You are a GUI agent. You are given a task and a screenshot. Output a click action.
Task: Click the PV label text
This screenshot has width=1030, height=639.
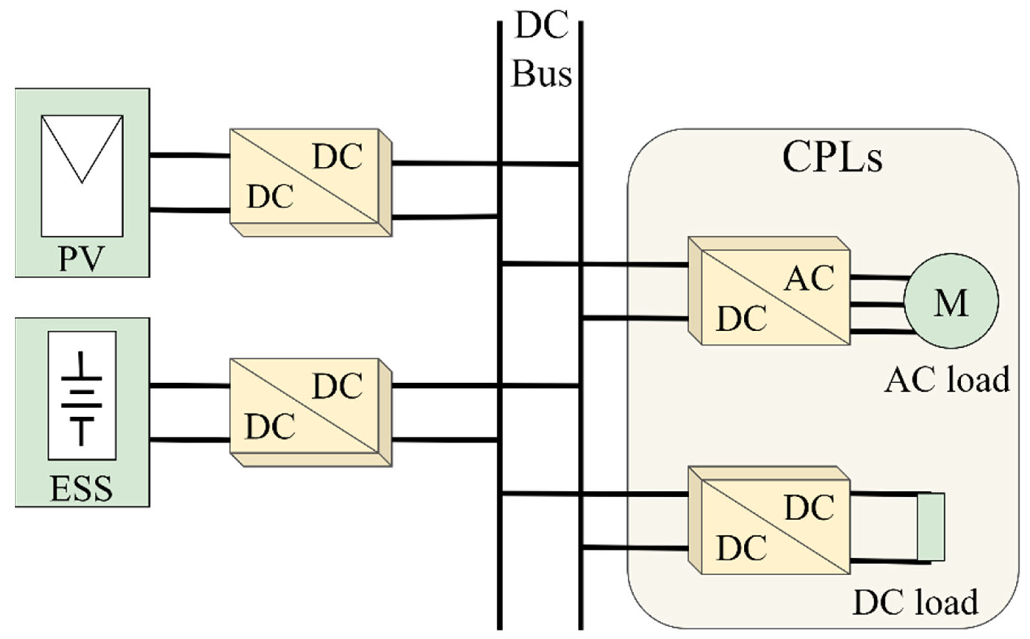pos(81,259)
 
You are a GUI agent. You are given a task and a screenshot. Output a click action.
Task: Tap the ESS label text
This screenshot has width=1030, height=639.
pos(81,489)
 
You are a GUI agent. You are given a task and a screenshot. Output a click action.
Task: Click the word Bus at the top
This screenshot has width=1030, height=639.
pos(542,75)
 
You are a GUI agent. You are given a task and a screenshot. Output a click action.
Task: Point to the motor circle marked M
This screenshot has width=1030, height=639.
pos(951,301)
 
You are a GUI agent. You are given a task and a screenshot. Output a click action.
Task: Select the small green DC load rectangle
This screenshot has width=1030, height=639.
pos(931,527)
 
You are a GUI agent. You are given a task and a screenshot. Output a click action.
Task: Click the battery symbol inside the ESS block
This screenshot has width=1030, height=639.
pos(82,398)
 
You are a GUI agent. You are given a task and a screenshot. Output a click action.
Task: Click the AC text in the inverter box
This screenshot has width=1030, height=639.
pos(808,279)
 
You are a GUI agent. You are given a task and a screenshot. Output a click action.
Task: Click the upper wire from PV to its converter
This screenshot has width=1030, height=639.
pos(189,156)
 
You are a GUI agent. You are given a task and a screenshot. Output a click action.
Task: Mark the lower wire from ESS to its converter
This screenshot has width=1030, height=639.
pos(189,440)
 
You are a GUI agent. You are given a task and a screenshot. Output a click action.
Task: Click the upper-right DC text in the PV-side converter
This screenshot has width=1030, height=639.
pos(337,157)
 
